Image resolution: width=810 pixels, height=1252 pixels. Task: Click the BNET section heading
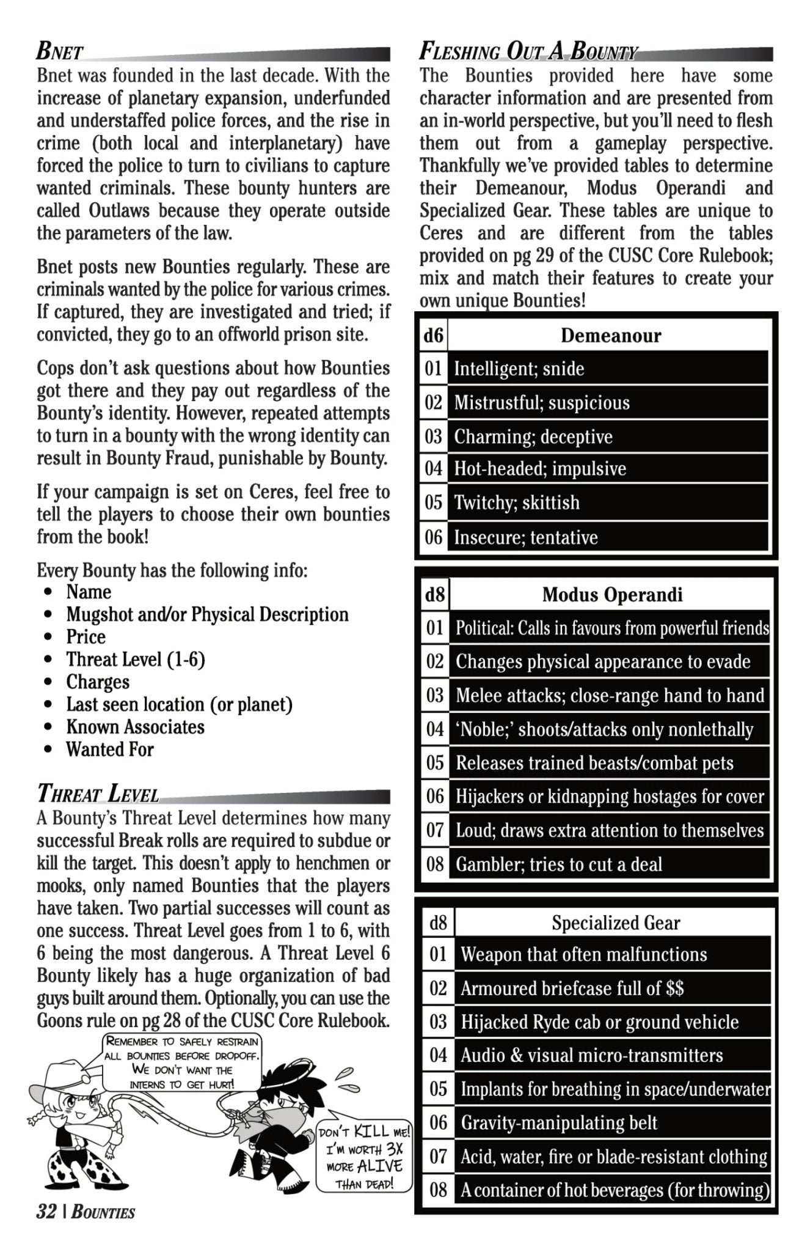pos(60,53)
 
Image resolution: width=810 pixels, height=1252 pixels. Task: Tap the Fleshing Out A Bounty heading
pos(528,53)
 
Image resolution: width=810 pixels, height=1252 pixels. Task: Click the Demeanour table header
pos(610,335)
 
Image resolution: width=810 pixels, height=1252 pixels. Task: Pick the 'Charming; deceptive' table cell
pos(533,436)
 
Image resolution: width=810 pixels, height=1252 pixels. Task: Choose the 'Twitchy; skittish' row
pos(516,503)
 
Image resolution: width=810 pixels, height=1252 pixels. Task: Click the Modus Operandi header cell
pos(611,594)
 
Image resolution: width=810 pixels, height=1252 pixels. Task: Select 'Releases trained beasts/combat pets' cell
pos(594,763)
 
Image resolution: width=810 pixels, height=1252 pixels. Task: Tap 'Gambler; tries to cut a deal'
pos(558,864)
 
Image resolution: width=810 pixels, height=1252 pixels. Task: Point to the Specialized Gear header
pos(615,922)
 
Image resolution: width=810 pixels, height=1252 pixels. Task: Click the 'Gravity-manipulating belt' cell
pos(558,1122)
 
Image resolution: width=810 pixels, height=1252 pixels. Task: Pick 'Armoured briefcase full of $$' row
pos(572,989)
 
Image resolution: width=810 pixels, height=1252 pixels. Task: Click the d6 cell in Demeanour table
pos(434,335)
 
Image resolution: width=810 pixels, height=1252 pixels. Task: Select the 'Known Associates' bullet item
pos(135,727)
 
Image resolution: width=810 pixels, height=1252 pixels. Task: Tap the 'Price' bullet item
pos(86,637)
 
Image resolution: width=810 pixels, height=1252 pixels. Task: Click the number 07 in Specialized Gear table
pos(438,1156)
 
